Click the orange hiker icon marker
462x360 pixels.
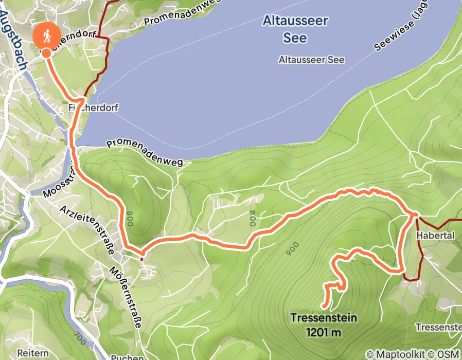(x=46, y=36)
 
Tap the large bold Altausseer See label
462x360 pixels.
(x=295, y=29)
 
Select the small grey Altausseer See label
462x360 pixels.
(x=311, y=60)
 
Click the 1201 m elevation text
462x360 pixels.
(x=324, y=332)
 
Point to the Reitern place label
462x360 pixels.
(x=33, y=353)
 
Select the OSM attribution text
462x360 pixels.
(x=448, y=354)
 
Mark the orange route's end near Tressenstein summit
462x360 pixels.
(x=322, y=308)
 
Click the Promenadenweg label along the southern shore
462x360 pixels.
(x=145, y=153)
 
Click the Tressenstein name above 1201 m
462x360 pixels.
(x=324, y=318)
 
